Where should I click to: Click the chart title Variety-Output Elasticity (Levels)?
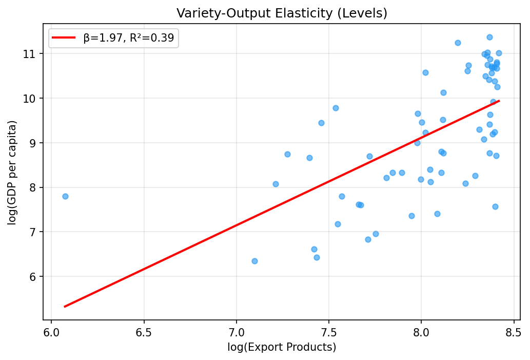(x=282, y=13)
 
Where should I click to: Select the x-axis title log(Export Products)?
(x=282, y=348)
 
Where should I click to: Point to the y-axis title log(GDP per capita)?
(x=12, y=172)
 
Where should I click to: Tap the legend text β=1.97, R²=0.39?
(x=129, y=37)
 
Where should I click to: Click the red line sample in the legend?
(x=64, y=37)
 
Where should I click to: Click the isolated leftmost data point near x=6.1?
(x=65, y=196)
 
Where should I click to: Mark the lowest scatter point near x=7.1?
(x=254, y=261)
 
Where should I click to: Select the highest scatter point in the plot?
(x=489, y=37)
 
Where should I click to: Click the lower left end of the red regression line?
(x=65, y=307)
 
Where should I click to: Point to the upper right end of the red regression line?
(x=499, y=101)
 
